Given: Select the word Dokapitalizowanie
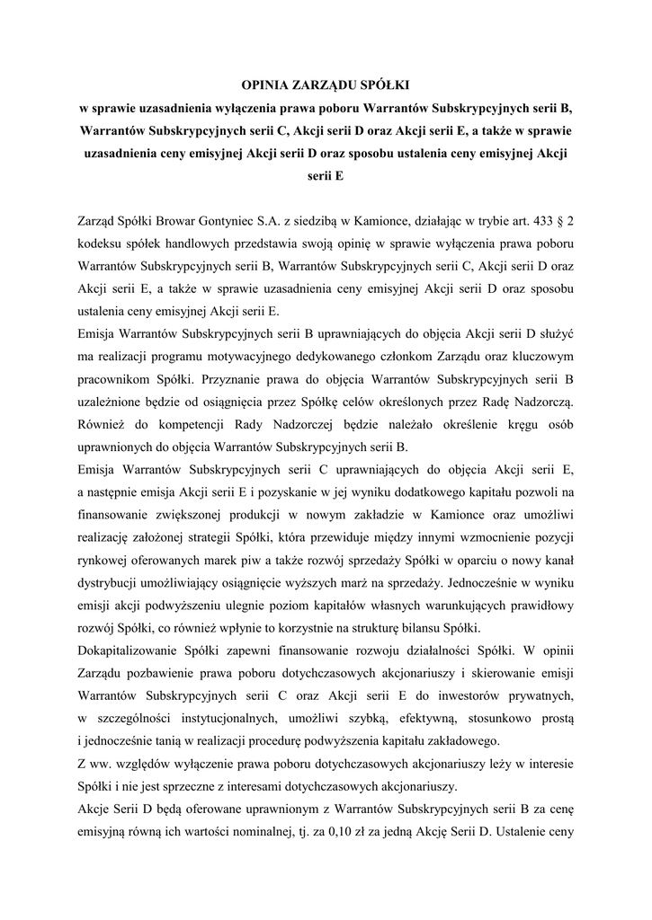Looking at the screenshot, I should [x=132, y=650].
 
